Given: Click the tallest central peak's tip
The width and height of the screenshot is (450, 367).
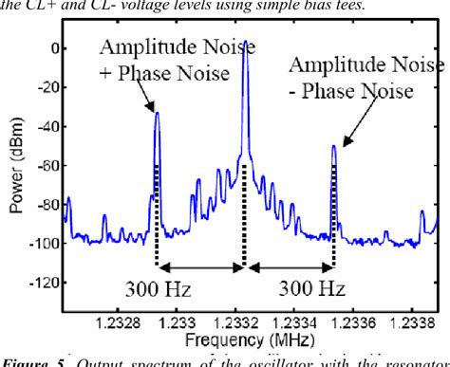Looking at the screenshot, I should [x=245, y=42].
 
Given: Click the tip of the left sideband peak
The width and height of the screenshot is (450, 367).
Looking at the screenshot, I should [x=158, y=113].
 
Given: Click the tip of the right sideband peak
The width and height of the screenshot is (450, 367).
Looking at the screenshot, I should [x=334, y=146].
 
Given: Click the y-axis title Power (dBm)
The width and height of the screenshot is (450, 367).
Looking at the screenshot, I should [x=18, y=172].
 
